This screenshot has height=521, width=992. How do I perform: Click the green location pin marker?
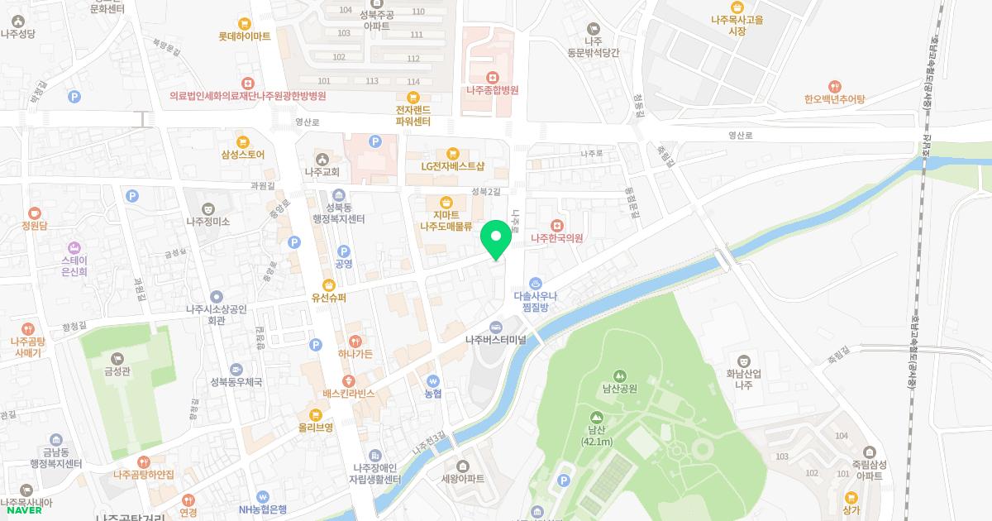(496, 241)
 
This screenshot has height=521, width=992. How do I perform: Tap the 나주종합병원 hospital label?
(492, 90)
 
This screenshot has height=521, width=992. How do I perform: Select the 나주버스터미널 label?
(496, 339)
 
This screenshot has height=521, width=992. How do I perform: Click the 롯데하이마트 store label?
(245, 36)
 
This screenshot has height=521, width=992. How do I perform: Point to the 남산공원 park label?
(619, 389)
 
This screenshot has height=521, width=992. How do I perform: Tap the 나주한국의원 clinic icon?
(557, 224)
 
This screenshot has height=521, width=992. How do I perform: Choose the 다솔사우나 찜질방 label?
(536, 300)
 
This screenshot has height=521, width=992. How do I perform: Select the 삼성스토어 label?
(242, 154)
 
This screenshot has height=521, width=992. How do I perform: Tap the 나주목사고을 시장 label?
(737, 25)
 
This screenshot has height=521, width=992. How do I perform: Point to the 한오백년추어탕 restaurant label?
(834, 99)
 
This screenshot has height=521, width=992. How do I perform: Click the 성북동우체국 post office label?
(236, 382)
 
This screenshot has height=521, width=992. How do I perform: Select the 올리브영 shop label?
(316, 428)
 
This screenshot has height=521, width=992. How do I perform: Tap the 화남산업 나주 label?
(743, 379)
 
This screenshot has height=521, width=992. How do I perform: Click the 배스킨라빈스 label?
(349, 394)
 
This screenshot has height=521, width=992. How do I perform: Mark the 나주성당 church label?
(19, 34)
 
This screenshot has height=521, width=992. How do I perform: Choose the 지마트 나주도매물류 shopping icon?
(446, 202)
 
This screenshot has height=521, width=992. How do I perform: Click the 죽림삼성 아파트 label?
(869, 471)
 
